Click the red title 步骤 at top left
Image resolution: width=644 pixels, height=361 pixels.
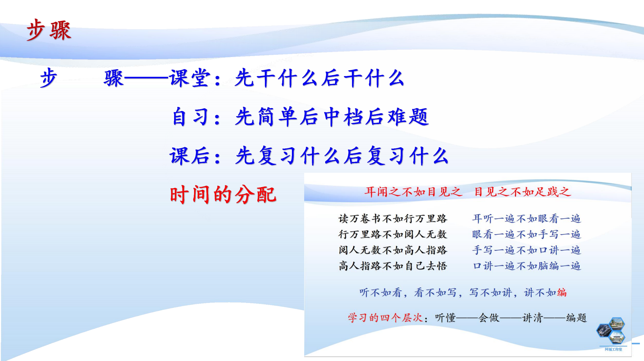pos(49,30)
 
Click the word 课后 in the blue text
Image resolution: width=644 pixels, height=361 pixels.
pos(190,156)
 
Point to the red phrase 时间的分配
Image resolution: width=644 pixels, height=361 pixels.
pos(223,194)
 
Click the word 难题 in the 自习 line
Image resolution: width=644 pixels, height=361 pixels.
pos(408,117)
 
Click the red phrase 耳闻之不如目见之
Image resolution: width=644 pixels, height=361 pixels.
pos(413,192)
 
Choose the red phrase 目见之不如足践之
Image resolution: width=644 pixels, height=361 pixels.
pos(522,192)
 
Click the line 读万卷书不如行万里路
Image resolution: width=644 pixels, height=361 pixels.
pos(393,219)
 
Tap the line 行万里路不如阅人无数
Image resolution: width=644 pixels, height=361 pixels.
pos(393,234)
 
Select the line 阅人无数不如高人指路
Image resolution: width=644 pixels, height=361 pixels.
pos(393,250)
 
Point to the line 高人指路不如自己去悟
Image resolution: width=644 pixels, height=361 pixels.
pos(393,266)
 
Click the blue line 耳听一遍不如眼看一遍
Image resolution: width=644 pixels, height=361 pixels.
pos(527,219)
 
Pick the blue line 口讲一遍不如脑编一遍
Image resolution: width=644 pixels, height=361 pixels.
pos(527,266)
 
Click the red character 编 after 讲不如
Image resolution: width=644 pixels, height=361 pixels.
pos(562,292)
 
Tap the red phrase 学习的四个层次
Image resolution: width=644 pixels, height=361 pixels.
pos(385,318)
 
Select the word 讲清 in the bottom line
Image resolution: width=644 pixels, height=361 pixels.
pos(533,318)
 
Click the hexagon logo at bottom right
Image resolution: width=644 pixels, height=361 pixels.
pos(611,331)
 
